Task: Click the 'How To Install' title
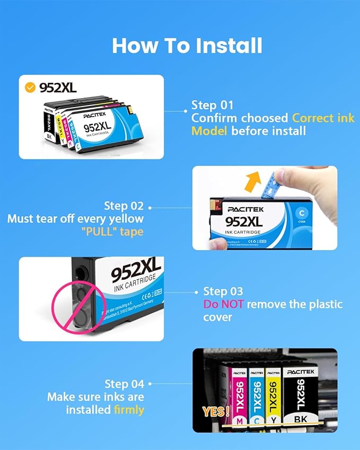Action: pyautogui.click(x=187, y=46)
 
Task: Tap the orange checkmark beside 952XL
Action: pyautogui.click(x=31, y=86)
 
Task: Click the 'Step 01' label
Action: pyautogui.click(x=213, y=104)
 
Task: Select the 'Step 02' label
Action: pyautogui.click(x=123, y=206)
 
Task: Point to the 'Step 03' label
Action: pyautogui.click(x=223, y=291)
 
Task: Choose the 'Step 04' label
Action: pyautogui.click(x=124, y=384)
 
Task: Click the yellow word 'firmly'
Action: pyautogui.click(x=129, y=410)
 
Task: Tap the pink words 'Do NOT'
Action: pyautogui.click(x=224, y=304)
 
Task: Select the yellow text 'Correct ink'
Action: pyautogui.click(x=323, y=118)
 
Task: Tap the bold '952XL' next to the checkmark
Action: pyautogui.click(x=58, y=87)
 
